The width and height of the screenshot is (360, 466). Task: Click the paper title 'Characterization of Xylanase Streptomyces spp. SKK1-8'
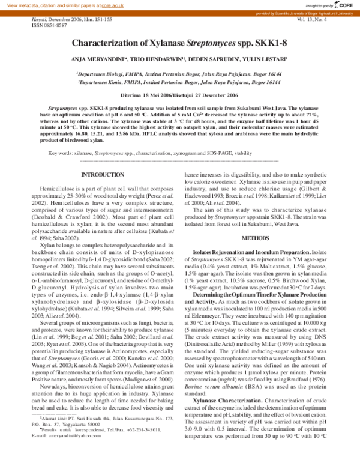pos(179,43)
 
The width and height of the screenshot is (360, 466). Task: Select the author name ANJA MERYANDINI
pos(97,59)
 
